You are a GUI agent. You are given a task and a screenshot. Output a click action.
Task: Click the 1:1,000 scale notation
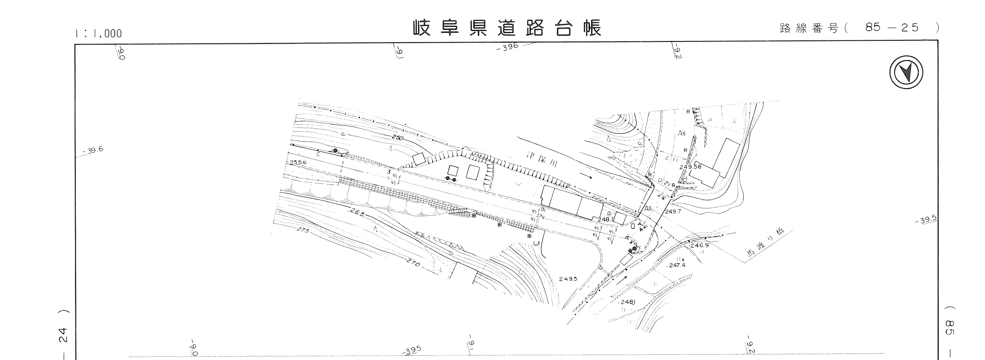[99, 34]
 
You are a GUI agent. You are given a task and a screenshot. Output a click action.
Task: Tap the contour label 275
[303, 230]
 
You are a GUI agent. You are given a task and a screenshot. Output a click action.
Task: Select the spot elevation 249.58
[690, 167]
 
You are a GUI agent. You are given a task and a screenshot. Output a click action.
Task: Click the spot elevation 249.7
[673, 211]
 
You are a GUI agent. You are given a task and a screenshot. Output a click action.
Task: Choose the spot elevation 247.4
[676, 265]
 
